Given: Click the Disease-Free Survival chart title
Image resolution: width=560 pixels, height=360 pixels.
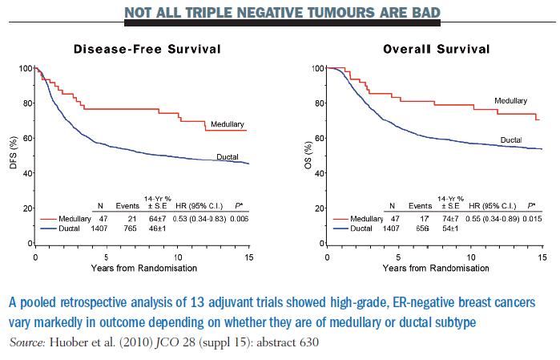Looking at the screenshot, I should [x=147, y=50].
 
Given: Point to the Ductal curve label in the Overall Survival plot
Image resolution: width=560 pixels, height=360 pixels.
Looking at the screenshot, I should [x=511, y=140].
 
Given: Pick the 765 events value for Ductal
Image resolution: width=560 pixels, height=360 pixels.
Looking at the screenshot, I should [x=125, y=229].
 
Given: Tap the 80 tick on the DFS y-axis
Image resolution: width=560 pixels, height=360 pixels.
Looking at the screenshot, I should [x=25, y=103].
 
